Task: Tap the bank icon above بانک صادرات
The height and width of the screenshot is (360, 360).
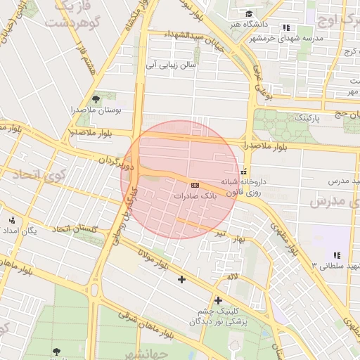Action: click(x=195, y=185)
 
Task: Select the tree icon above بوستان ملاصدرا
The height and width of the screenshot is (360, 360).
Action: click(x=96, y=99)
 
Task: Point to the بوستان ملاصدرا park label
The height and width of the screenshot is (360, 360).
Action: click(x=96, y=110)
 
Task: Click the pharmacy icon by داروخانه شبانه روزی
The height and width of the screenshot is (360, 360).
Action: click(x=243, y=172)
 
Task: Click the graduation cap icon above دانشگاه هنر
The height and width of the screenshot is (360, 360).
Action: click(x=248, y=13)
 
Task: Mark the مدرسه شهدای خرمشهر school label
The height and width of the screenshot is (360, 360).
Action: click(x=286, y=38)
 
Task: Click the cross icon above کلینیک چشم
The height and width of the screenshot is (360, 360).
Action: click(x=218, y=300)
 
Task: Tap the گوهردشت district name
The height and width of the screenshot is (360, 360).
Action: click(x=68, y=22)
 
